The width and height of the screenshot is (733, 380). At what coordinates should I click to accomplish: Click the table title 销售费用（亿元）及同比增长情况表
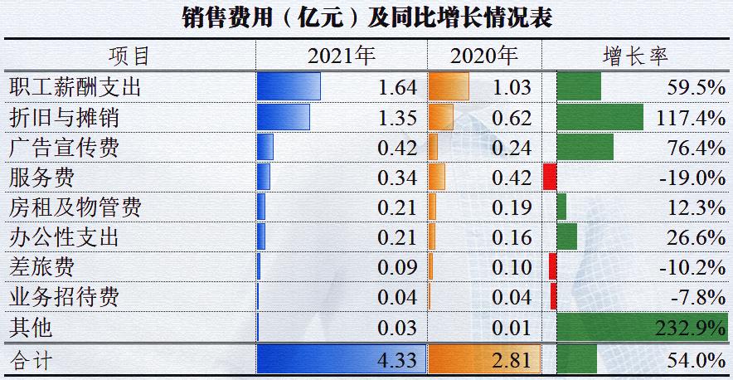366,17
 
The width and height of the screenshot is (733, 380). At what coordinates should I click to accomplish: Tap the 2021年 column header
342,56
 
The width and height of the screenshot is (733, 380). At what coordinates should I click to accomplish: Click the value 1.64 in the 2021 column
396,87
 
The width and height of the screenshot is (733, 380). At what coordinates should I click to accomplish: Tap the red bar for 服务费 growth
549,177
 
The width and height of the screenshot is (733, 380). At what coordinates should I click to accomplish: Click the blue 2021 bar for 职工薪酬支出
289,87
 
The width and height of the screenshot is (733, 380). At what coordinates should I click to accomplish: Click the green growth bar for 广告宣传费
585,147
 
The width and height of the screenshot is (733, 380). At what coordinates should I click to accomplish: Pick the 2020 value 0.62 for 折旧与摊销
512,118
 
